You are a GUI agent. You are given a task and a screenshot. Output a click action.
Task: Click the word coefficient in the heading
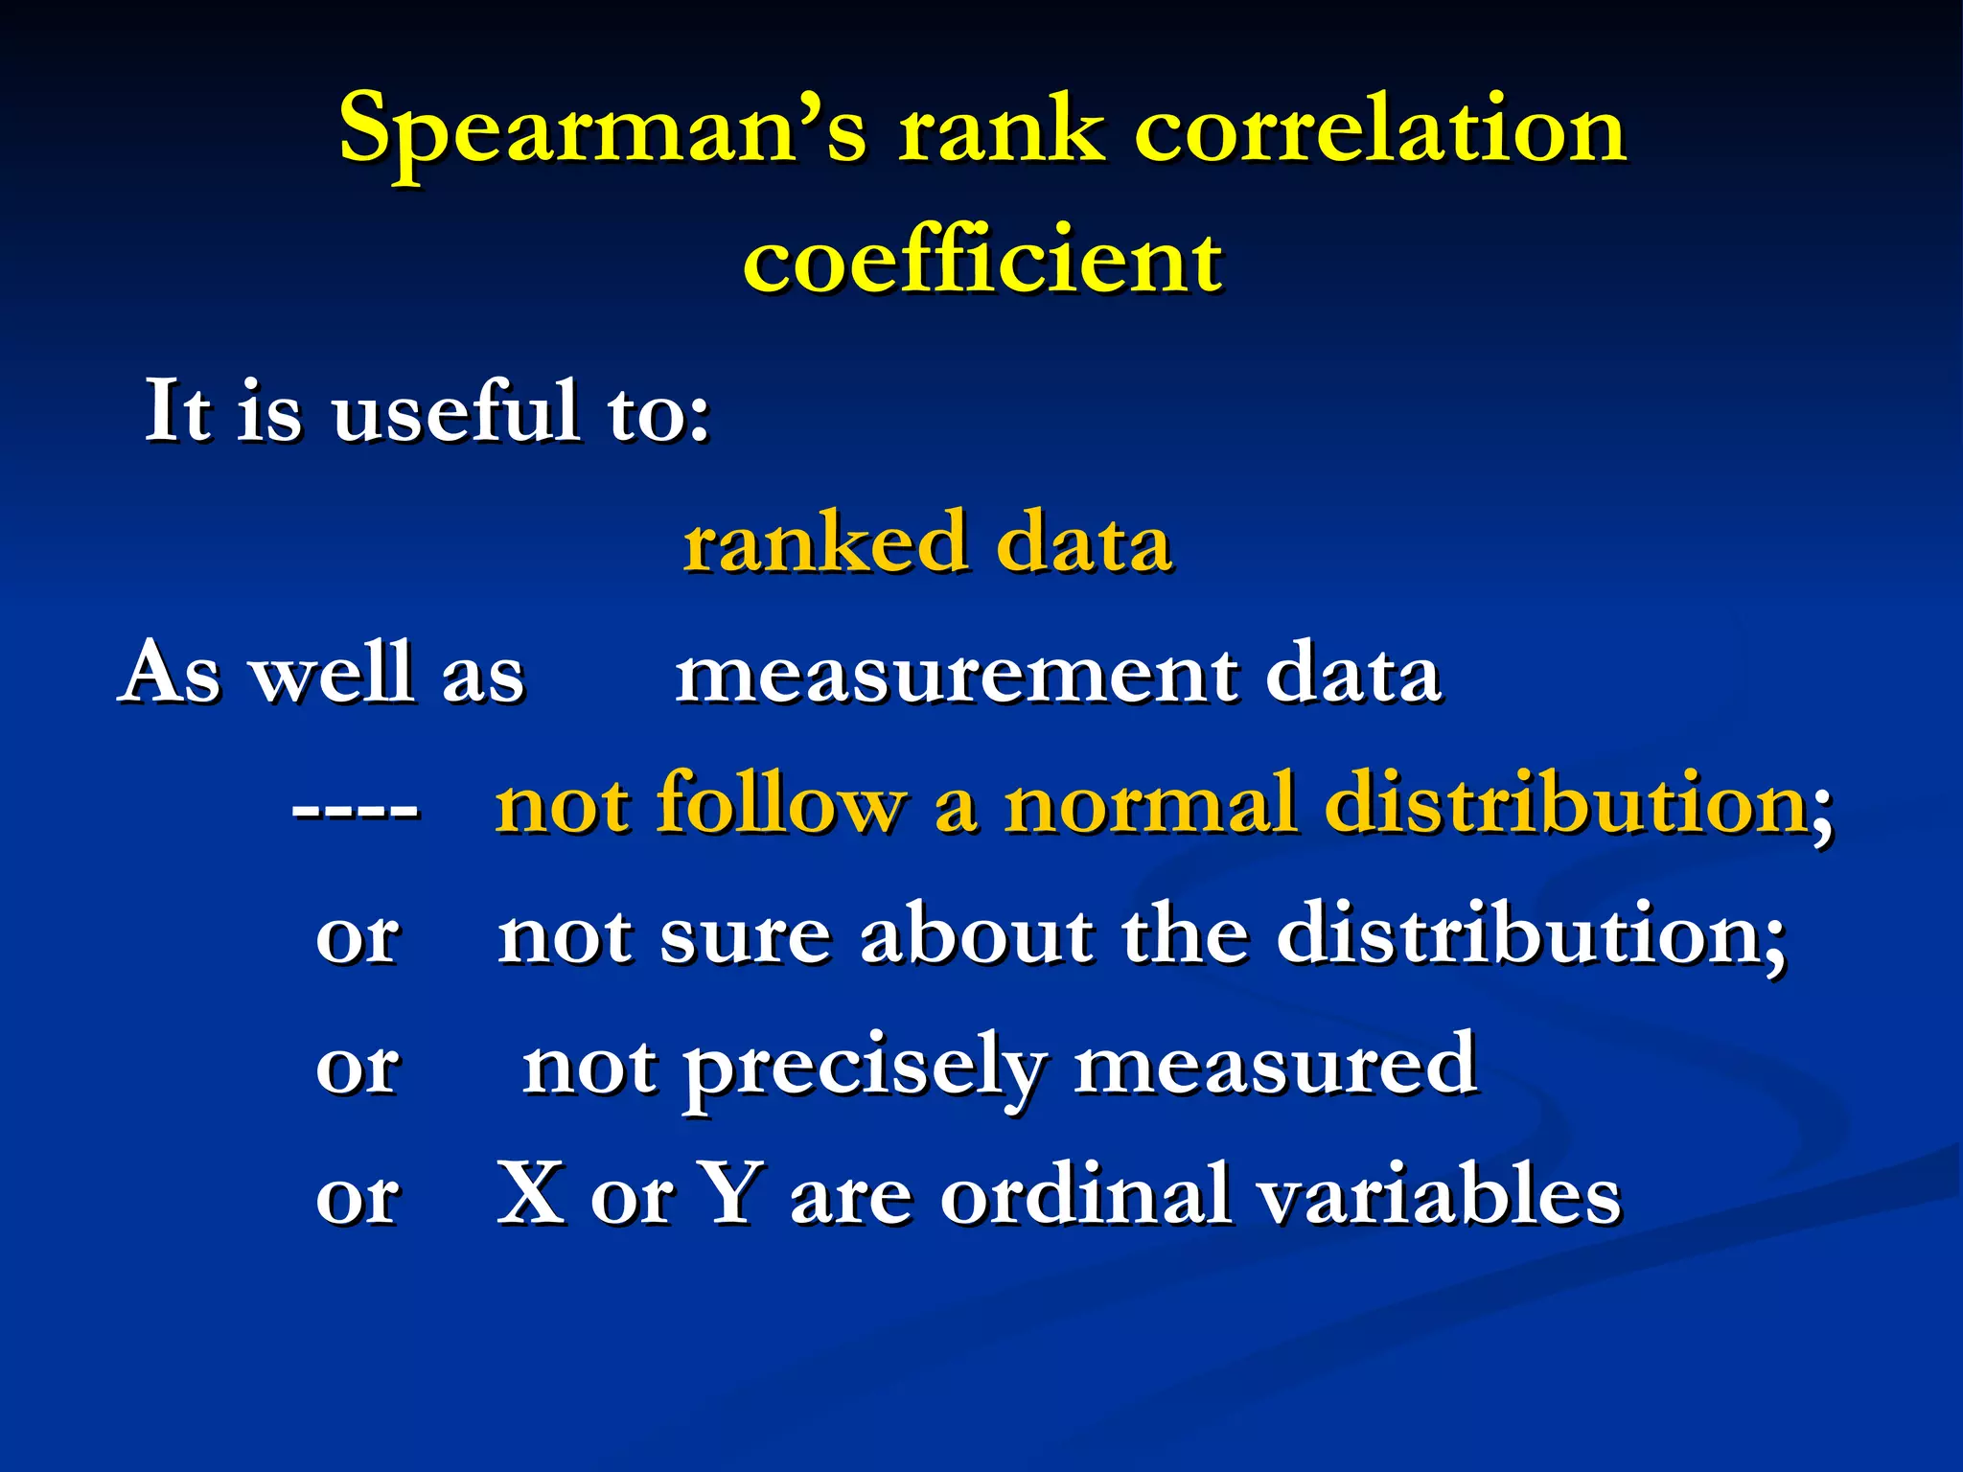(981, 261)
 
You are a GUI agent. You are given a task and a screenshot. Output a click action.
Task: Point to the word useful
(456, 412)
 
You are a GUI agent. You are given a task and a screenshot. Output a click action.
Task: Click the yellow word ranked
(824, 543)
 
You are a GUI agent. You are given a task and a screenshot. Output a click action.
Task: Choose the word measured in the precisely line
(1275, 1066)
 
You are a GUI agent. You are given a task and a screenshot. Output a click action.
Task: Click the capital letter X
(531, 1194)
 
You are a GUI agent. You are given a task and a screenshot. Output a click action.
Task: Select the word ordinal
(1084, 1196)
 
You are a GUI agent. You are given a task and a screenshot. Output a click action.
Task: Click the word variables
(1439, 1196)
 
